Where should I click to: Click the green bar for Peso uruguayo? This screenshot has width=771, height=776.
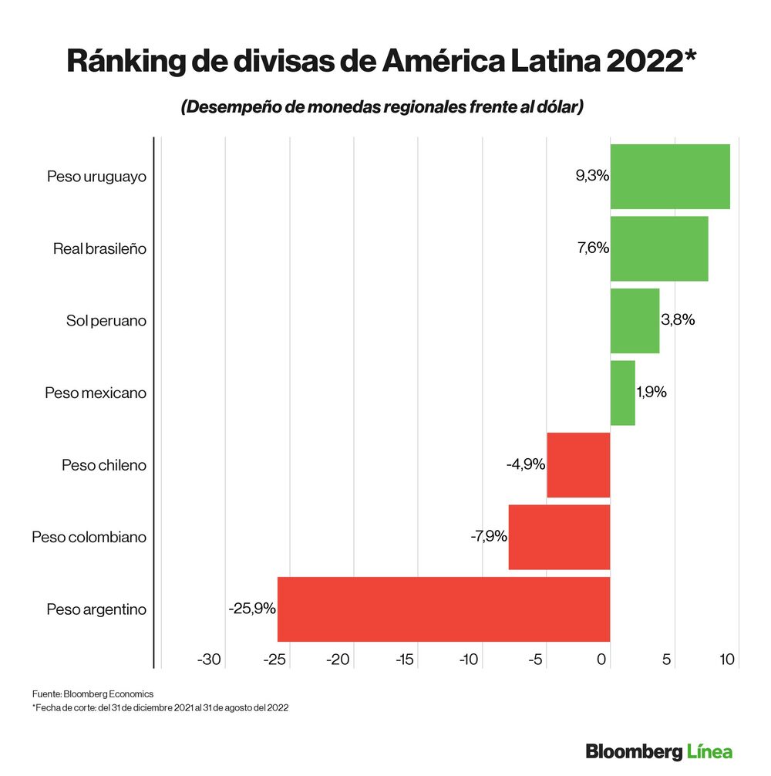point(670,176)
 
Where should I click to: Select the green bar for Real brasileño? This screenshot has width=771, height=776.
point(659,248)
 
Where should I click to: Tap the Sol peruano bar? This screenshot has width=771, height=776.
point(635,320)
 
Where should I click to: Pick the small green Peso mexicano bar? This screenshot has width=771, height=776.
point(622,393)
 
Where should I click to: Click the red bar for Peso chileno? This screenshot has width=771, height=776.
point(578,465)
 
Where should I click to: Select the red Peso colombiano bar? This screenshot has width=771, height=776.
point(559,537)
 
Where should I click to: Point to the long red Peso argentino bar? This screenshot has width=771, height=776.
point(443,609)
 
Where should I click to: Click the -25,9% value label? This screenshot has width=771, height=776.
point(252,609)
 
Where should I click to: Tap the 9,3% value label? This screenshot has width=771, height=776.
point(592,176)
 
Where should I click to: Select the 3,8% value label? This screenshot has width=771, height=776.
point(678,320)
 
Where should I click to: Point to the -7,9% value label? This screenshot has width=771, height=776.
point(489,537)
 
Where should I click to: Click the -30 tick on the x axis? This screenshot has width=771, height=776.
point(210,660)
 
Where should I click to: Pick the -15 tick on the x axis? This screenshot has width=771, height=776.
point(405,660)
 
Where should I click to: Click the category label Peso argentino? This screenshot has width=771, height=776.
point(96,609)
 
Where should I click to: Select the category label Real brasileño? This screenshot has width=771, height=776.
point(99,249)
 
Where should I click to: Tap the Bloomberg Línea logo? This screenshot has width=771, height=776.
point(658,751)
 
